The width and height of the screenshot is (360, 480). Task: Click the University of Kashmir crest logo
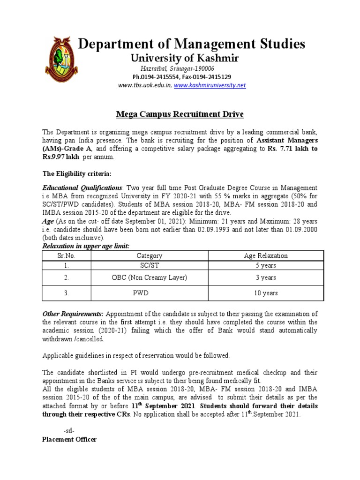point(61,61)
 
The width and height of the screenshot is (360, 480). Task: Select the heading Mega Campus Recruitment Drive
point(180,114)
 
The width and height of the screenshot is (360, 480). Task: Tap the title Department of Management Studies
point(191,44)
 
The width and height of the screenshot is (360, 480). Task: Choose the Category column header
point(149,255)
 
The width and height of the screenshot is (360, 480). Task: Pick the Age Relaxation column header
point(266,255)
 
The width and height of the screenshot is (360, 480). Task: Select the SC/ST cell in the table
point(149,265)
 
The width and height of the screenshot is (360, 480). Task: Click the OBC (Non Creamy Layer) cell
point(149,277)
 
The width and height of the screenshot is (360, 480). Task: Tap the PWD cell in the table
point(149,293)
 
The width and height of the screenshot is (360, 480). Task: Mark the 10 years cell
point(266,293)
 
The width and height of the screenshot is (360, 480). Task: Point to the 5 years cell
point(266,265)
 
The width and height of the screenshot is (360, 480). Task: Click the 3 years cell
point(266,277)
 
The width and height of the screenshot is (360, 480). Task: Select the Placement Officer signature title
point(69,439)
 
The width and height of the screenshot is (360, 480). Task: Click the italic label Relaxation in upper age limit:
point(85,246)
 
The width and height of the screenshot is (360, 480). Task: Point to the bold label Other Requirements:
point(73,314)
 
